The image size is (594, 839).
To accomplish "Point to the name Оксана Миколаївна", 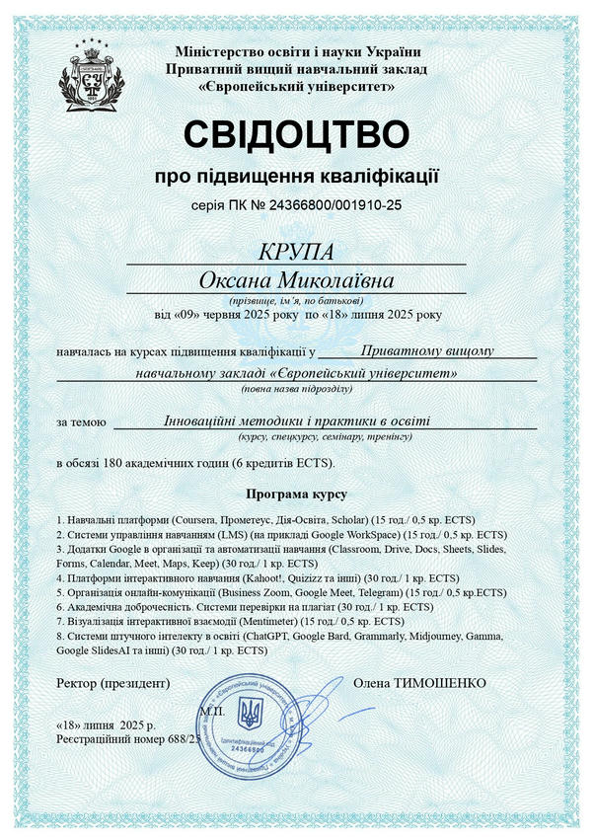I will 296,281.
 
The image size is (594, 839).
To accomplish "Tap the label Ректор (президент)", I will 112,682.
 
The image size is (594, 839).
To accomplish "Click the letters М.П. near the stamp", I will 211,709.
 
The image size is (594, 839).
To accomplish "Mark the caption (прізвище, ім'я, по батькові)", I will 296,299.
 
